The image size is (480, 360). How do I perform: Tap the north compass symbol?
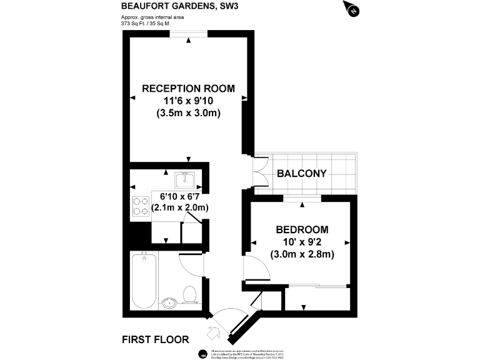(x=352, y=9)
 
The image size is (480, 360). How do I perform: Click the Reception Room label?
(x=188, y=89)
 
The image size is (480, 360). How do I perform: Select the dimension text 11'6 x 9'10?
(x=188, y=101)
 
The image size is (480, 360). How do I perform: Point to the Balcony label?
(x=302, y=173)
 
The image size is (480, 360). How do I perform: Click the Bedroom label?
(x=302, y=229)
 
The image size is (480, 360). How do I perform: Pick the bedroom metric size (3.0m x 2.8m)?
(x=302, y=254)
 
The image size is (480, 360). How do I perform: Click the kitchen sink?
(x=186, y=181)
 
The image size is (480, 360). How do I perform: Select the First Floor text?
(x=155, y=340)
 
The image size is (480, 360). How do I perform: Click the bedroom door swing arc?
(x=256, y=269)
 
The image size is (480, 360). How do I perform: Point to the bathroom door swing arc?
(x=191, y=264)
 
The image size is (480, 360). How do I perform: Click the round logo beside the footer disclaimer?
(x=202, y=354)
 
